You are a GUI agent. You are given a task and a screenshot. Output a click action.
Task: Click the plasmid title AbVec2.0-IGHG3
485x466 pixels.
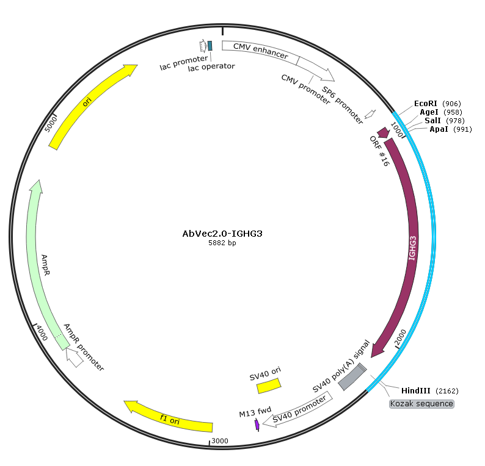pyautogui.click(x=222, y=234)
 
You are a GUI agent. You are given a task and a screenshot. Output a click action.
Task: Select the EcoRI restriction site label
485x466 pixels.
pyautogui.click(x=425, y=104)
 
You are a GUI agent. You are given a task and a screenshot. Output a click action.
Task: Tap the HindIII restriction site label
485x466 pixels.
pyautogui.click(x=415, y=390)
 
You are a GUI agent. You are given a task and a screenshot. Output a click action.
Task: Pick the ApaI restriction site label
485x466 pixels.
pyautogui.click(x=439, y=129)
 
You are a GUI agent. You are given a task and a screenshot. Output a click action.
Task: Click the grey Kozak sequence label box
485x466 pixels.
pyautogui.click(x=421, y=404)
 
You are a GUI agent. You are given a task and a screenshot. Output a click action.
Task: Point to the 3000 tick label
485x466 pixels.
pyautogui.click(x=220, y=440)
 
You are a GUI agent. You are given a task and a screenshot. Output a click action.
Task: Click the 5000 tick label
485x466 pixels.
pyautogui.click(x=51, y=124)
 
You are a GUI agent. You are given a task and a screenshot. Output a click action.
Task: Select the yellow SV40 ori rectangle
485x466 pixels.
pyautogui.click(x=269, y=385)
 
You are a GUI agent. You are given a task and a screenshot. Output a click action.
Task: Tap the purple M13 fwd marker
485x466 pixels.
pyautogui.click(x=257, y=425)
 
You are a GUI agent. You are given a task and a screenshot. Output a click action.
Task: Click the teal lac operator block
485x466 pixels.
pyautogui.click(x=210, y=46)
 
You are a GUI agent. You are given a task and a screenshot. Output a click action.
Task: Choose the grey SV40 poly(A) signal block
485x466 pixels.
pyautogui.click(x=352, y=377)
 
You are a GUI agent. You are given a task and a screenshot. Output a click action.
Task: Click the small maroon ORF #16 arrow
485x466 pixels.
pyautogui.click(x=383, y=133)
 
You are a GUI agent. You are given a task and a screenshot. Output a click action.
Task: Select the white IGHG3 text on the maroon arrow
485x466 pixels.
pyautogui.click(x=412, y=248)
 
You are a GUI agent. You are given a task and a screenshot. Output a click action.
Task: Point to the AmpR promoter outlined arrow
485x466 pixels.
pyautogui.click(x=74, y=357)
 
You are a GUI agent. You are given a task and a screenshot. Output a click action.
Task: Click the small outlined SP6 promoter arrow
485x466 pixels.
pyautogui.click(x=370, y=114)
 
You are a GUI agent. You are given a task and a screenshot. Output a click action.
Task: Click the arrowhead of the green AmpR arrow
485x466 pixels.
pyautogui.click(x=37, y=186)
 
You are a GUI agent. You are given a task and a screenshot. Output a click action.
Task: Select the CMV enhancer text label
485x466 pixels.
pyautogui.click(x=260, y=51)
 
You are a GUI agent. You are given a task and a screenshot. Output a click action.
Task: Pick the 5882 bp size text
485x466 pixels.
pyautogui.click(x=222, y=243)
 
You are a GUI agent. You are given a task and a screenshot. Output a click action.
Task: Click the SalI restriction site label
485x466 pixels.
pyautogui.click(x=432, y=120)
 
